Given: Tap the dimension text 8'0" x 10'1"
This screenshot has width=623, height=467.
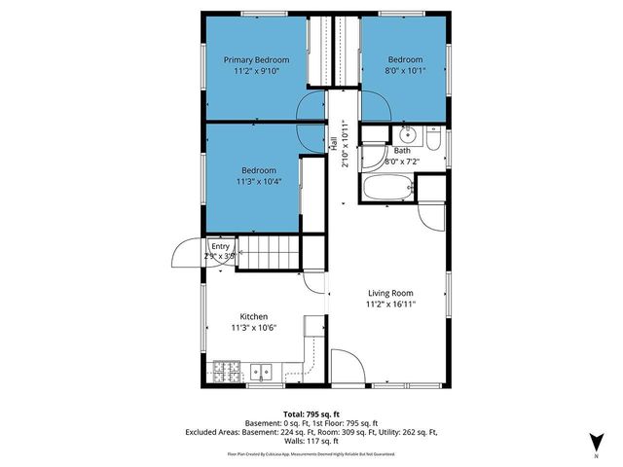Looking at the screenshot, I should pos(406,71).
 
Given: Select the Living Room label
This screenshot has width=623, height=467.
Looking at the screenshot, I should pos(390,293).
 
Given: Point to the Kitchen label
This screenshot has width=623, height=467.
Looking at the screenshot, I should pos(254,316).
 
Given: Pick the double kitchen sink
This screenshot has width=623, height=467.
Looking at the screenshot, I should pos(261,371).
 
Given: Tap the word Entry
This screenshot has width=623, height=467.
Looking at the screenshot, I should pos(219,246).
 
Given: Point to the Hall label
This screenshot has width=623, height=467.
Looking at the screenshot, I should pos(333,143).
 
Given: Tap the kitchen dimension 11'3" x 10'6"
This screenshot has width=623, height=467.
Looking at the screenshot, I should pos(254,328).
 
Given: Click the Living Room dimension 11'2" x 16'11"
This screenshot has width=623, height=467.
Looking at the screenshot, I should pos(390,305).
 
